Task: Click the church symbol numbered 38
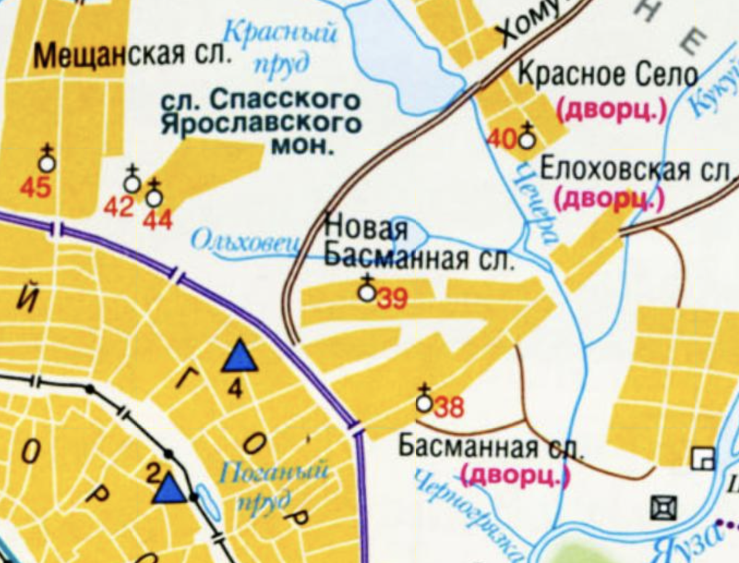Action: coord(424,403)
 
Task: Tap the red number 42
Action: coord(118,208)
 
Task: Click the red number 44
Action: coord(158,219)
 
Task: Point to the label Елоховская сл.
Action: coord(637,169)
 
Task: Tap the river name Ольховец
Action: coord(246,241)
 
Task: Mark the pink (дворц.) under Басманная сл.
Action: coord(515,474)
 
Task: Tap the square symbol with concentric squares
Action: coord(664,508)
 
